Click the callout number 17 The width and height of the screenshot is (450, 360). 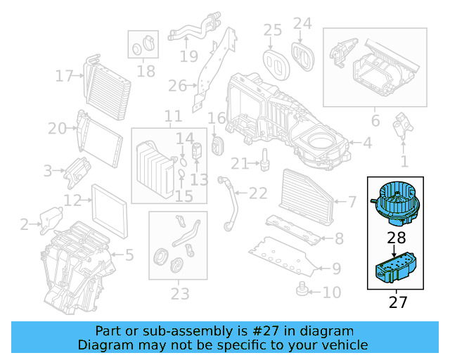(65, 76)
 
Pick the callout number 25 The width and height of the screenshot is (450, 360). (272, 30)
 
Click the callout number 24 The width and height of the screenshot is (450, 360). (302, 23)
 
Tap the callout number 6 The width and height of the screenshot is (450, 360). (375, 121)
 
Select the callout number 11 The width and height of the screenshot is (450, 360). (173, 116)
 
